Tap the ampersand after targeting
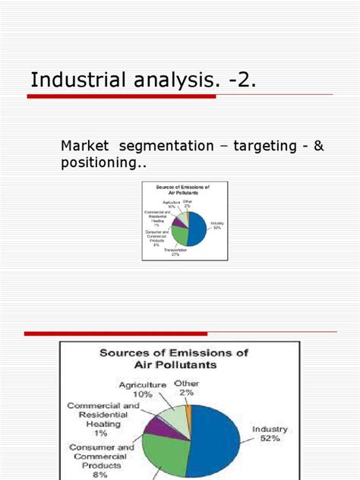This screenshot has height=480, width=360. [318, 145]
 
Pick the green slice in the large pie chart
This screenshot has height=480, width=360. [171, 456]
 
